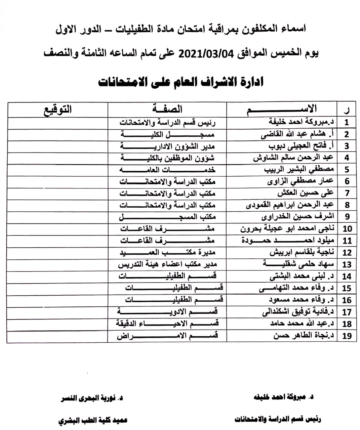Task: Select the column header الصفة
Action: (x=167, y=109)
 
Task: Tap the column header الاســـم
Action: (x=282, y=109)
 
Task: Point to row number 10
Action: (x=347, y=229)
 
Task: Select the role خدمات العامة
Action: (x=167, y=170)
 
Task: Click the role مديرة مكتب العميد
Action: (x=167, y=253)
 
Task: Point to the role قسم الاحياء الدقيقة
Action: (x=167, y=324)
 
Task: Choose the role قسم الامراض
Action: (x=167, y=336)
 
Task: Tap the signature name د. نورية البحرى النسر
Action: (x=91, y=399)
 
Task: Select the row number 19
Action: (x=347, y=336)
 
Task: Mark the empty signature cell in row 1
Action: (x=57, y=122)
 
